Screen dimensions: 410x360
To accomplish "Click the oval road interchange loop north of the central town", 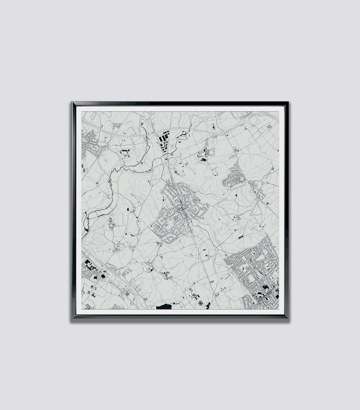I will (x=172, y=161).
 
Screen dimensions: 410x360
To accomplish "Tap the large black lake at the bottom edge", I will (x=163, y=307).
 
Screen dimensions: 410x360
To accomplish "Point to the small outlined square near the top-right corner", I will (x=269, y=127).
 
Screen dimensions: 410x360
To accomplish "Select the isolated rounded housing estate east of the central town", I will (x=234, y=178).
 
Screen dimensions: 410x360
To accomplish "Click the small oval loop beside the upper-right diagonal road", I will (x=235, y=150).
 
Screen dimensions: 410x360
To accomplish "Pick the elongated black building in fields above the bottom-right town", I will (x=240, y=237).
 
